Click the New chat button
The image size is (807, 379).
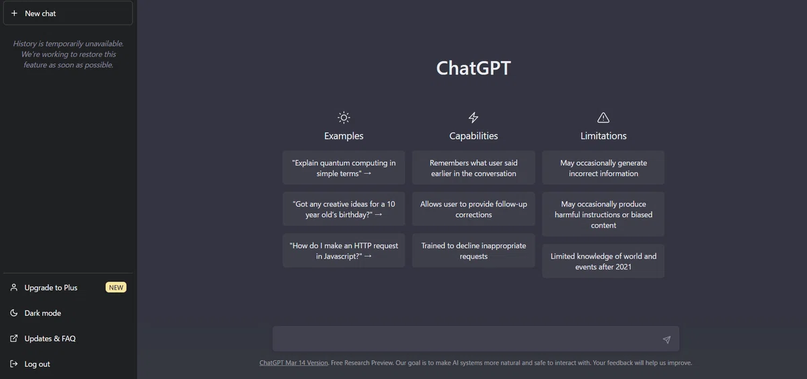pos(68,13)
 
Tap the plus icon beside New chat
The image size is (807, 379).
pos(14,13)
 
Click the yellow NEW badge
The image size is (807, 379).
pos(116,287)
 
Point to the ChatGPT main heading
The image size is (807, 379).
pos(473,68)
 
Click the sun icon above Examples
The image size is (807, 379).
pos(344,118)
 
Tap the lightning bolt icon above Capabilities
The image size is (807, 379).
pos(473,118)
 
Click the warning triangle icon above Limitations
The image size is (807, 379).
pos(603,118)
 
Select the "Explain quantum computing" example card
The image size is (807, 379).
pos(344,168)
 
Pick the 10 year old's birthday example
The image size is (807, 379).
pos(344,209)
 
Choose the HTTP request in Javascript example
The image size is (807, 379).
pos(344,251)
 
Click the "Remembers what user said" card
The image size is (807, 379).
pos(473,168)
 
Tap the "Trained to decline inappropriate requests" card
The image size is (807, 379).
pos(473,251)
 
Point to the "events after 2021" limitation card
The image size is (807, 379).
pos(603,261)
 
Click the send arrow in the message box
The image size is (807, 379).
pos(666,339)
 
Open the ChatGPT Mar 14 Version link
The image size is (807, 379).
pos(294,363)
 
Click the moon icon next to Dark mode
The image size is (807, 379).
pos(13,312)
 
